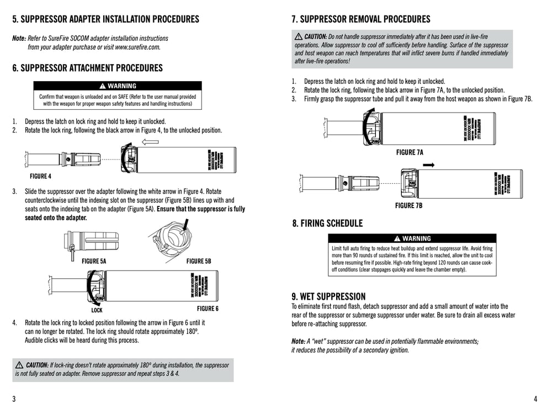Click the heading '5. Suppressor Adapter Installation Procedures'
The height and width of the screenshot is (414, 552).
(x=105, y=19)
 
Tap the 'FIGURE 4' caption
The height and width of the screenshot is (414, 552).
(x=40, y=177)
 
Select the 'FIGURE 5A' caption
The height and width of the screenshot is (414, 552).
(x=94, y=261)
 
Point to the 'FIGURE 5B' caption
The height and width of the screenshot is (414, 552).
(x=199, y=261)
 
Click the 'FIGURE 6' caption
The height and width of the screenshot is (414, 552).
(x=208, y=309)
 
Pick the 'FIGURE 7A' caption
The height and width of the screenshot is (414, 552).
(x=410, y=152)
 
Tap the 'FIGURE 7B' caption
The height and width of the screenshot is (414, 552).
(x=408, y=205)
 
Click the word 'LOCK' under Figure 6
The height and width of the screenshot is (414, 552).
(x=98, y=310)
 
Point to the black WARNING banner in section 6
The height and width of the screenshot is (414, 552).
(x=118, y=86)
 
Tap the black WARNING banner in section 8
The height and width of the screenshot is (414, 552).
(x=412, y=238)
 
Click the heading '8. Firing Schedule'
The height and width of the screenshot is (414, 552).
(x=327, y=224)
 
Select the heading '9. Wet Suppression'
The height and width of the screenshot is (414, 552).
(x=328, y=296)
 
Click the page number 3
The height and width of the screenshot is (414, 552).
(x=14, y=399)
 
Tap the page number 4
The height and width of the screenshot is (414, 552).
(x=535, y=399)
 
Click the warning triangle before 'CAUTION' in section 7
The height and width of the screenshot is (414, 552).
(x=299, y=36)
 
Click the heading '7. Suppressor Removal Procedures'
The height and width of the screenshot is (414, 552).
(x=360, y=19)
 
